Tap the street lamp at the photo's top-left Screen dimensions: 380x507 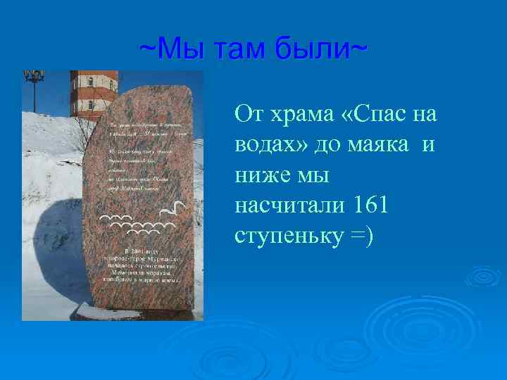tap(33, 79)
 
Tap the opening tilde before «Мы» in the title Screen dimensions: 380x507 tap(148, 50)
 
